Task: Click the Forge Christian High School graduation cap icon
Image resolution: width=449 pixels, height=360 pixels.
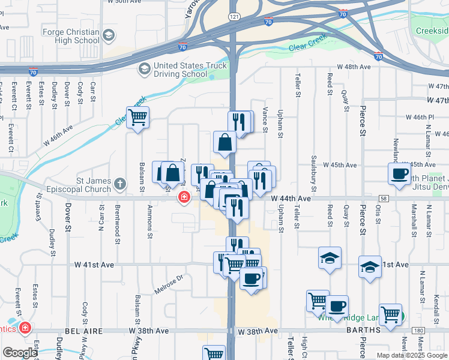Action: coord(108,35)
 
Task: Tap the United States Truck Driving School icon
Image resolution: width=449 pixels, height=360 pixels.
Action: coord(145,70)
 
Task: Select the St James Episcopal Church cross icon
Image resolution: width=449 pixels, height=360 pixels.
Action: coord(120,185)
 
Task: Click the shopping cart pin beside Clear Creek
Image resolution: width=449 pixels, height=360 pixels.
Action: coord(137,117)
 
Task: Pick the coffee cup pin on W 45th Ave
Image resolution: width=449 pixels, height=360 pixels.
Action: coord(399,173)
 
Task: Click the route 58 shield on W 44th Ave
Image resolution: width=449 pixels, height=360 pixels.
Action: coord(384,198)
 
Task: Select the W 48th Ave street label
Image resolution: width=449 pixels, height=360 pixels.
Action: coord(353,67)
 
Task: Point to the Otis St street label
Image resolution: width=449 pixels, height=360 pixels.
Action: coord(378,213)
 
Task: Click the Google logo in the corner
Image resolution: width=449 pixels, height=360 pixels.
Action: coord(20,353)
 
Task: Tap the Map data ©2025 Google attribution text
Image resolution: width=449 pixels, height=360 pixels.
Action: coord(411,355)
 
